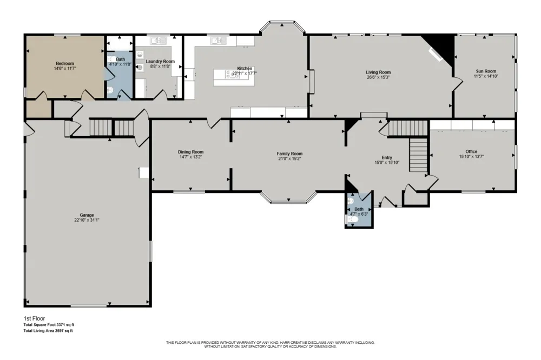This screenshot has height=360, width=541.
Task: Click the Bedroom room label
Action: pyautogui.click(x=65, y=63)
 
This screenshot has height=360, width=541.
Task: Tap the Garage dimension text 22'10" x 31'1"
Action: pyautogui.click(x=87, y=220)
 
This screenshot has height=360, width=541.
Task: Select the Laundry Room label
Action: pyautogui.click(x=160, y=62)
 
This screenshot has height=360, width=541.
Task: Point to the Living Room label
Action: pyautogui.click(x=378, y=72)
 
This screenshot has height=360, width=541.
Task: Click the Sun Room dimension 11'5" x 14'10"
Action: pyautogui.click(x=486, y=76)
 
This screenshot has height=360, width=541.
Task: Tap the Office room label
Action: pyautogui.click(x=471, y=151)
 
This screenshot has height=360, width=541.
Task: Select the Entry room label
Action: pyautogui.click(x=387, y=158)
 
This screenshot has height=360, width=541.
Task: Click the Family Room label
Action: pyautogui.click(x=289, y=154)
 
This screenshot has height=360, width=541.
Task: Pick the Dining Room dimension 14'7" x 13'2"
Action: pyautogui.click(x=190, y=157)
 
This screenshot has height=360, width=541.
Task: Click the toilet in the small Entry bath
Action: pyautogui.click(x=353, y=219)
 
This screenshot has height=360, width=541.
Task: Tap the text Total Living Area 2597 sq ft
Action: pyautogui.click(x=48, y=331)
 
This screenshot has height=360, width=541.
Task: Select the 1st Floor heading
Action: pyautogui.click(x=34, y=318)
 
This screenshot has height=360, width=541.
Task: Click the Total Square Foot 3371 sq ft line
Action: pyautogui.click(x=49, y=324)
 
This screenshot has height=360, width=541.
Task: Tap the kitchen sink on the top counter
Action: pyautogui.click(x=219, y=41)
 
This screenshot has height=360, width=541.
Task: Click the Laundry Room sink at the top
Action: pyautogui.click(x=158, y=41)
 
